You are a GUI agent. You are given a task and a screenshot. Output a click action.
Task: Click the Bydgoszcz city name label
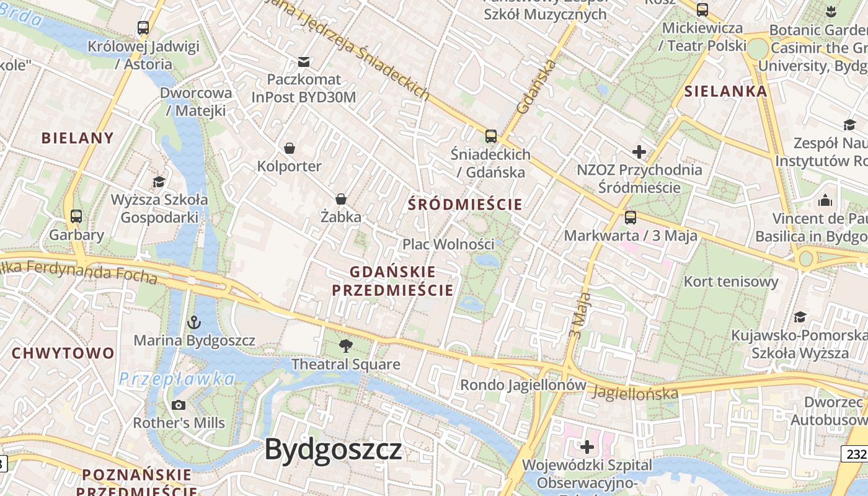[334, 449]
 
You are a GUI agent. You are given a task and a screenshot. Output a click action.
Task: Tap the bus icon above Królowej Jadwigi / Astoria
[143, 28]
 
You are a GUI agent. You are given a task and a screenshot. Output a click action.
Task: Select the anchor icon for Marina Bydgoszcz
[195, 322]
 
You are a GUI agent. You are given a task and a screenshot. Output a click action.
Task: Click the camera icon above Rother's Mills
[179, 405]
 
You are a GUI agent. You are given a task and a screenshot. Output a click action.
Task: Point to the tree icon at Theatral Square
[346, 346]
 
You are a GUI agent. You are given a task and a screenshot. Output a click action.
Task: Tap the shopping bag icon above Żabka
[340, 199]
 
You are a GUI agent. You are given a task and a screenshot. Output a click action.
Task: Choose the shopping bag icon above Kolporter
[289, 148]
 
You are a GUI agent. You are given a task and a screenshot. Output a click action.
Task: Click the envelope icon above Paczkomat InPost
[304, 61]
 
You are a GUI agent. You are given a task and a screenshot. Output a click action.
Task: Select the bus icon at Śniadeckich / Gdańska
[491, 136]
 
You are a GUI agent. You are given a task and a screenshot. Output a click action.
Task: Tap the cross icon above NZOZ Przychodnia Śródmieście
[639, 152]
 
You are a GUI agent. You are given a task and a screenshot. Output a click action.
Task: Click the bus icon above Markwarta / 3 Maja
[631, 217]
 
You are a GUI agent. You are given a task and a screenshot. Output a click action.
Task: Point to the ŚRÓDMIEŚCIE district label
[465, 203]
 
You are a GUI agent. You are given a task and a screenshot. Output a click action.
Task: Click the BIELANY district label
[78, 138]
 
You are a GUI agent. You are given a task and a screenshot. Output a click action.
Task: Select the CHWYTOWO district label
[63, 353]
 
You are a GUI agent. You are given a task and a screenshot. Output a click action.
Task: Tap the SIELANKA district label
[725, 91]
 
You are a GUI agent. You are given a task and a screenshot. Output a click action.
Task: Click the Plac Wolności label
[448, 244]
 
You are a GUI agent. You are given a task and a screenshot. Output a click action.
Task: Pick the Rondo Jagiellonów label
[523, 385]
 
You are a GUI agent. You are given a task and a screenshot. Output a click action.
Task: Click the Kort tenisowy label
[730, 281]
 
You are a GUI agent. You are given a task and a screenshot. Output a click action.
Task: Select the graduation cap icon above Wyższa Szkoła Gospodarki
[159, 182]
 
